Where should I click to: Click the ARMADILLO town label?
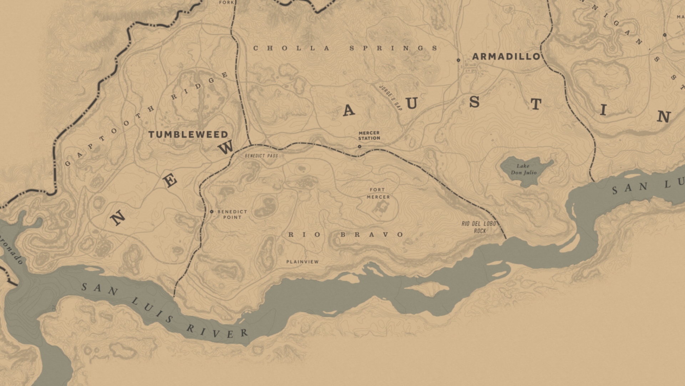click(x=506, y=56)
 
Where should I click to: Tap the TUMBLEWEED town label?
click(x=188, y=135)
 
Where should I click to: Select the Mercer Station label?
click(x=369, y=135)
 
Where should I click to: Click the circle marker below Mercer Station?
click(x=359, y=147)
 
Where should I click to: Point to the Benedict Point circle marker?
click(x=212, y=212)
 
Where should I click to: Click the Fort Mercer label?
click(x=378, y=193)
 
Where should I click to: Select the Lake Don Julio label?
click(x=523, y=169)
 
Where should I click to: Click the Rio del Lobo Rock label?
click(x=479, y=227)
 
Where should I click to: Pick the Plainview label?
click(x=302, y=262)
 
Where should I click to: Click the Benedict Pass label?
click(x=261, y=156)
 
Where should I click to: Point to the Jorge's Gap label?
click(x=390, y=98)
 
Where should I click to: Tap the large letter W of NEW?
click(x=226, y=147)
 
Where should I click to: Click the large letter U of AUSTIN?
click(x=412, y=104)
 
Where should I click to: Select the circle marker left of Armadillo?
click(x=458, y=60)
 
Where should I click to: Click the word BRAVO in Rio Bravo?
click(x=372, y=235)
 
